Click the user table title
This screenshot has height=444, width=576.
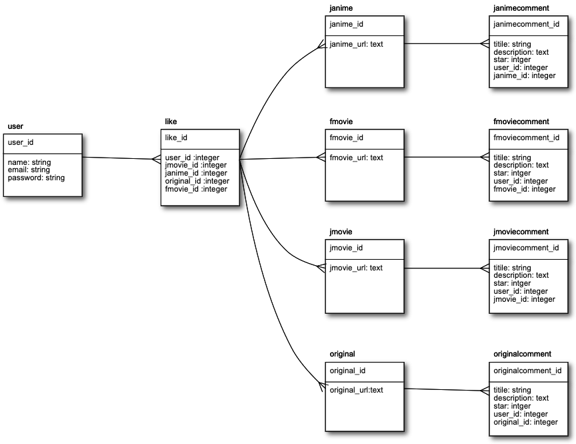coord(16,126)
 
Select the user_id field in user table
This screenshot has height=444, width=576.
coord(21,142)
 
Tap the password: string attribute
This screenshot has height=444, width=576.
coord(36,178)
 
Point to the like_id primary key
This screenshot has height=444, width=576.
coord(176,138)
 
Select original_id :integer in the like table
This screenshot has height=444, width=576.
coord(197,181)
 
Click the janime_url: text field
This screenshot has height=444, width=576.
coord(356,44)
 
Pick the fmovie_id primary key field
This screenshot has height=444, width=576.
coord(346,138)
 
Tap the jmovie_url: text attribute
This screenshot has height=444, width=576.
coord(356,268)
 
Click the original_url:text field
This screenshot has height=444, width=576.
coord(356,390)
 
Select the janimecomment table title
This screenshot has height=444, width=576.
coord(521,8)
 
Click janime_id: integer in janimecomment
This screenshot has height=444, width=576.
coord(525,75)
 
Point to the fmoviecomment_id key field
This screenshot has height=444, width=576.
coord(526,138)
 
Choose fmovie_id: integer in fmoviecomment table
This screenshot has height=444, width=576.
coord(525,189)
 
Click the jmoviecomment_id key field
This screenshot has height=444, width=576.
coord(526,248)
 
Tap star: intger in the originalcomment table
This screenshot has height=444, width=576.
coord(512,406)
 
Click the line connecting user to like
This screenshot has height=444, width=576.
coord(120,158)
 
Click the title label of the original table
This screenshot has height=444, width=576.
coord(342,354)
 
